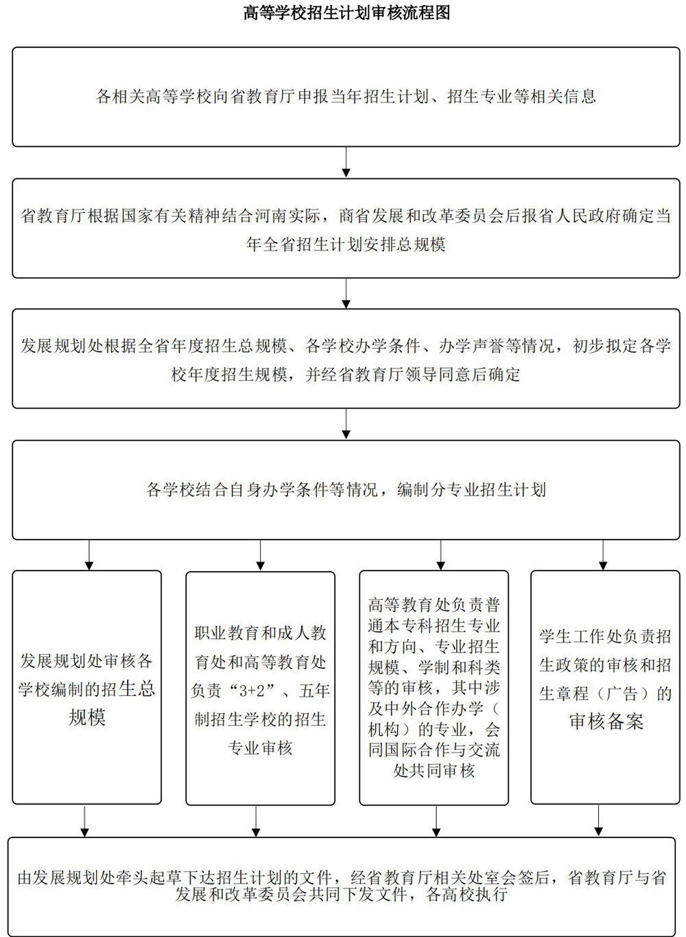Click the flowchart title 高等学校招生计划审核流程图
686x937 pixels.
tap(346, 12)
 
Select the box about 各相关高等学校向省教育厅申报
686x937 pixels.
tap(346, 97)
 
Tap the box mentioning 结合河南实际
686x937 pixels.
tap(346, 229)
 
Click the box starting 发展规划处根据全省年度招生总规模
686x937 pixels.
tap(346, 358)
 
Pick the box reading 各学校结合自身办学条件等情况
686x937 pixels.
tap(346, 490)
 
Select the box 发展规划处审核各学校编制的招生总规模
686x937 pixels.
tap(87, 688)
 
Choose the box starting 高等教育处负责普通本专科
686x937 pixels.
tap(434, 688)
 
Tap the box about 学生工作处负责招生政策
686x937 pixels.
tap(605, 688)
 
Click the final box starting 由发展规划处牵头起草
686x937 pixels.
tap(342, 887)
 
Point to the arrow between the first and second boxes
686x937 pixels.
tap(346, 162)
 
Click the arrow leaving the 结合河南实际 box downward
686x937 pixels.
tap(346, 294)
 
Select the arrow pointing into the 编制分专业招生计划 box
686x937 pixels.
tap(346, 424)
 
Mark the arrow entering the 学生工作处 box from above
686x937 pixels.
tap(603, 555)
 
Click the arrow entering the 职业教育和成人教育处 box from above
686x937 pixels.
tap(261, 555)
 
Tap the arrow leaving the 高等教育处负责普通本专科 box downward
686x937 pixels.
tap(436, 821)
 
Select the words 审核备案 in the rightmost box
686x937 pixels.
tap(606, 721)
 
